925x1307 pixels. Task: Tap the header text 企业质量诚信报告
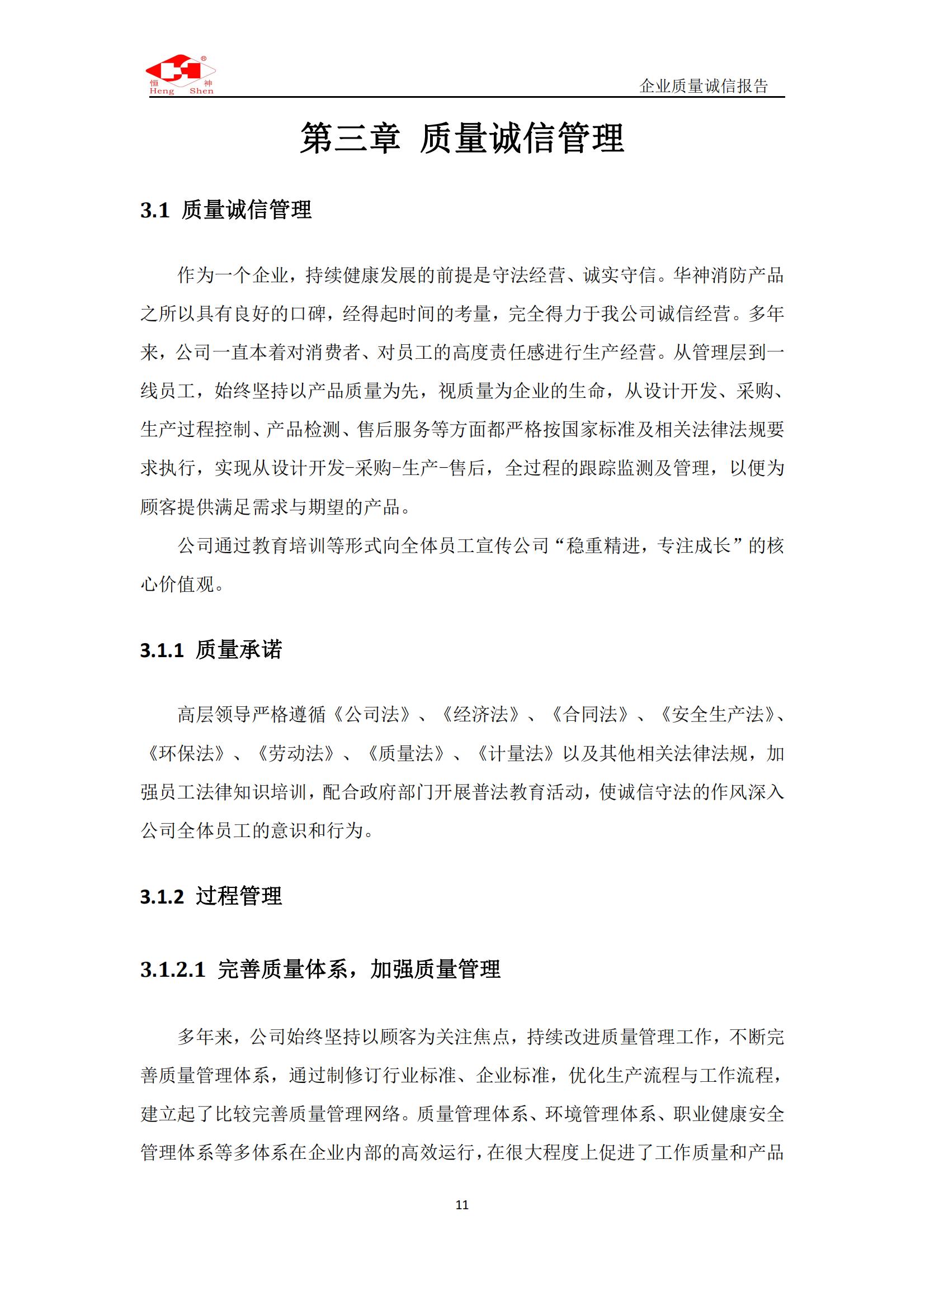click(x=704, y=86)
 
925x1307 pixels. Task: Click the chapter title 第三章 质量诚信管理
click(x=462, y=139)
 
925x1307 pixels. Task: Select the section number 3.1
click(x=155, y=211)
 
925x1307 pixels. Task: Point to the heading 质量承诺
click(x=239, y=649)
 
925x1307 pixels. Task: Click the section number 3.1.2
click(x=162, y=896)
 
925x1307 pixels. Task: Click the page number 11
click(x=462, y=1205)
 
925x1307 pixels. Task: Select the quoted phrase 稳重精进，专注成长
click(x=647, y=545)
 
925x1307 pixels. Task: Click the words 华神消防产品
click(x=729, y=275)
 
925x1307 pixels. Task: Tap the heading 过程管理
click(x=239, y=896)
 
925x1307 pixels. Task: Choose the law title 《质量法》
click(x=405, y=753)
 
